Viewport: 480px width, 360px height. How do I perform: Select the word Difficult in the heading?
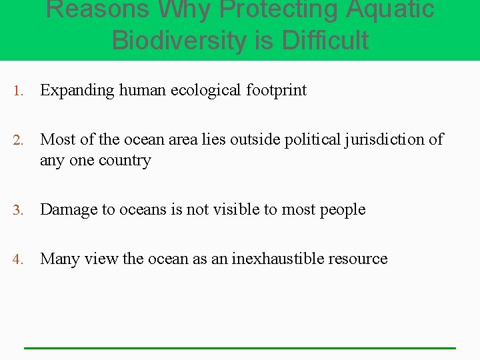pos(325,40)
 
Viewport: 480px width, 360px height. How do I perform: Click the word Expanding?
pos(77,91)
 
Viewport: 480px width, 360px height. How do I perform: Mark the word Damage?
pos(69,209)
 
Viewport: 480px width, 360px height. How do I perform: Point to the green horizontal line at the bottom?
pos(240,347)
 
